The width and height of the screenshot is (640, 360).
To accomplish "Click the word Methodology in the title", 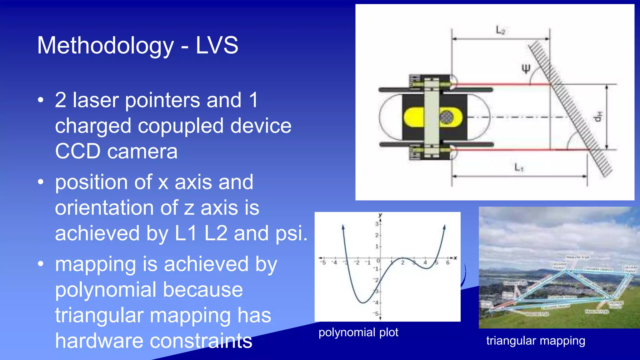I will point(105,46).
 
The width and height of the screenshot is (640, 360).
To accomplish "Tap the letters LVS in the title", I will point(217,45).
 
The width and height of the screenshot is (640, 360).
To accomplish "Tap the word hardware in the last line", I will point(99,341).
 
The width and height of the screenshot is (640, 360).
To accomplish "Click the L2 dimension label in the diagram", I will point(501,30).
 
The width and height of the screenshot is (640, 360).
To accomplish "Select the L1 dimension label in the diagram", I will point(519,168).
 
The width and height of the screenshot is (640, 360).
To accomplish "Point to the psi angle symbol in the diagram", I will point(526,68).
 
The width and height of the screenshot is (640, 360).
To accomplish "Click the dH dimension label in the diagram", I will point(597,117).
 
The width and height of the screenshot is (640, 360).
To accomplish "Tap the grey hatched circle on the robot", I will point(446,117).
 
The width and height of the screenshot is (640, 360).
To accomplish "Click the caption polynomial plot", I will point(358,332).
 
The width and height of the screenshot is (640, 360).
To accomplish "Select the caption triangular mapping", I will point(536,341).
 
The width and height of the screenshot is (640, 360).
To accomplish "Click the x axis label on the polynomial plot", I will point(455,258).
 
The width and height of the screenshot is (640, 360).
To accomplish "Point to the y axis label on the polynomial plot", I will point(380,215).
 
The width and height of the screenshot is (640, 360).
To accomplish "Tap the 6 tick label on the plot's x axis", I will point(447,263).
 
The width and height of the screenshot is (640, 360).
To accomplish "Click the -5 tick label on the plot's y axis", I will point(376,313).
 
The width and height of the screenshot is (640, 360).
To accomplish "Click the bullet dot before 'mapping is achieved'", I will point(41,264).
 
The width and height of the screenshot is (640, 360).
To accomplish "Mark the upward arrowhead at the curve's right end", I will point(444,227).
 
